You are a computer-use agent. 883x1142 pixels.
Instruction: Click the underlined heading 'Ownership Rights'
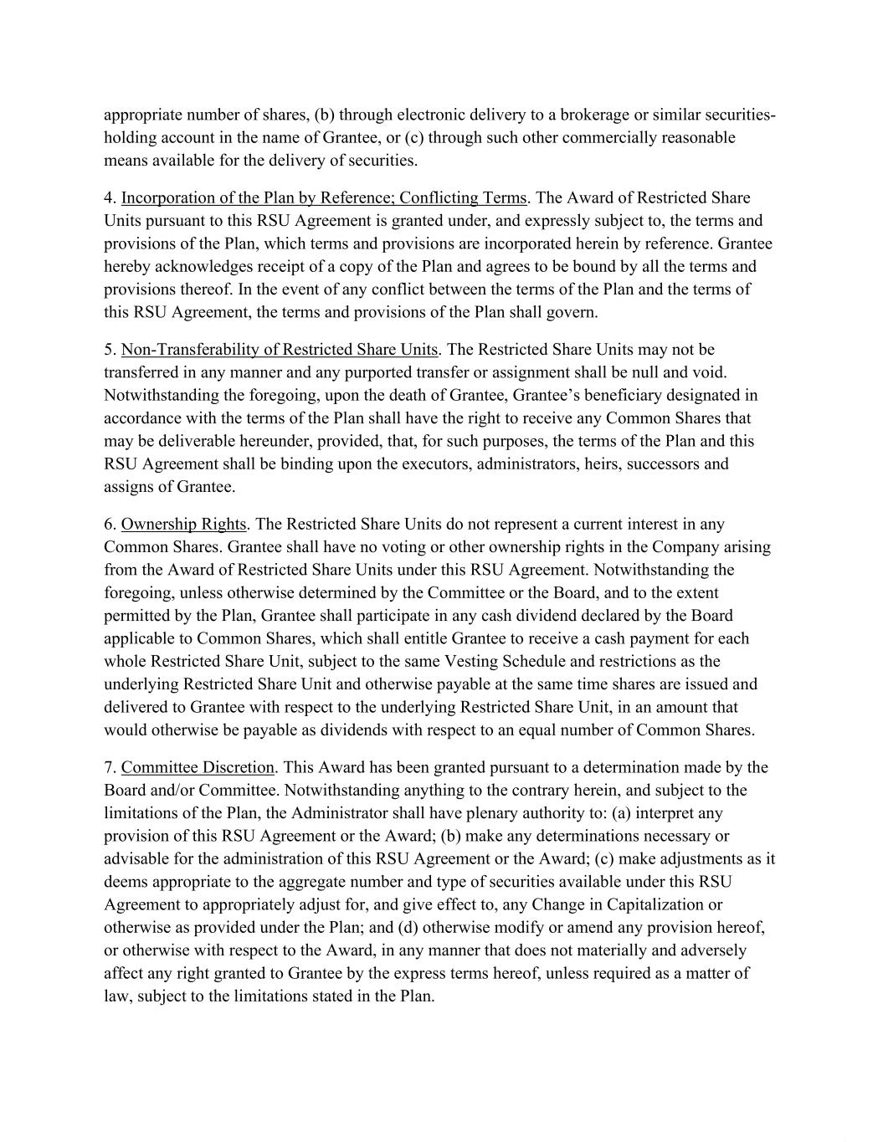(183, 525)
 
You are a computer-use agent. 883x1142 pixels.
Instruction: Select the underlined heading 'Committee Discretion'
(198, 768)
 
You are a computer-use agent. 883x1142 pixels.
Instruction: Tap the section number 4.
(109, 198)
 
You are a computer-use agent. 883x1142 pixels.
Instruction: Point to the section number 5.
(109, 350)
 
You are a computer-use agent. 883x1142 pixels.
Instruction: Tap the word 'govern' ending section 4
(572, 313)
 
